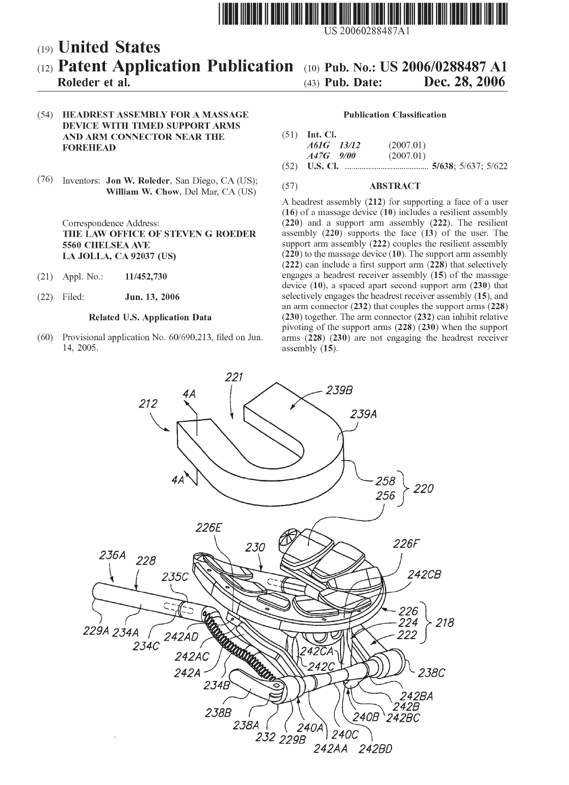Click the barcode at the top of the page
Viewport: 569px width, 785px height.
[363, 14]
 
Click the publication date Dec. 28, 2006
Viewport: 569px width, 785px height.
[464, 82]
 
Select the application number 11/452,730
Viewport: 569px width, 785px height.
[146, 276]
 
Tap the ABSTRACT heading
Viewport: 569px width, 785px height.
[395, 186]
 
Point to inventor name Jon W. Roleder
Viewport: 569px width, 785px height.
[138, 181]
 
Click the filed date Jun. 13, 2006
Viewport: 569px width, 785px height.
[152, 297]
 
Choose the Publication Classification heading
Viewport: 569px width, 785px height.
[395, 115]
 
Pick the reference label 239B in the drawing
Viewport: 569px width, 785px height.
[339, 390]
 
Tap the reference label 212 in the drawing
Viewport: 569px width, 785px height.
[147, 403]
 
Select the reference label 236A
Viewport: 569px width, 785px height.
[112, 555]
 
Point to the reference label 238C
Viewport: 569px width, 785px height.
[431, 672]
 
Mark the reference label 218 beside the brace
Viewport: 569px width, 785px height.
[445, 623]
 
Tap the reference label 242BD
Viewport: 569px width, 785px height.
[375, 749]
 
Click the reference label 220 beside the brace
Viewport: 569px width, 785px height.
[423, 488]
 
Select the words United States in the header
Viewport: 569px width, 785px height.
[109, 47]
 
